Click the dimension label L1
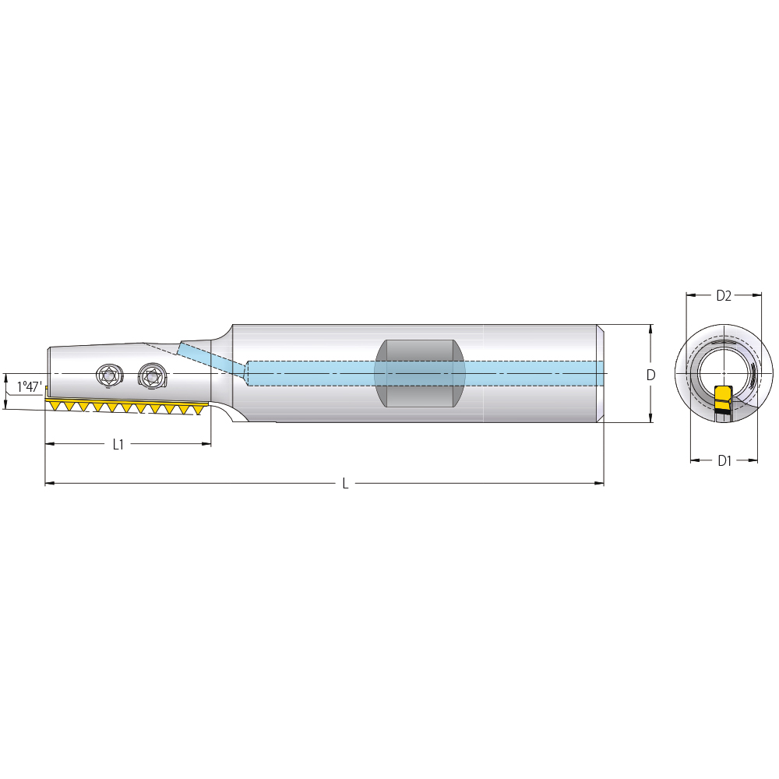pos(118,444)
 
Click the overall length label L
pos(345,484)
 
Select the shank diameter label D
pos(650,375)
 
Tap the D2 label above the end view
pos(724,295)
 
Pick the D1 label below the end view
pos(724,460)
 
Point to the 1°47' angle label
pos(30,386)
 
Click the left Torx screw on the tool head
pos(109,375)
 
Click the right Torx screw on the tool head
pos(151,375)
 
